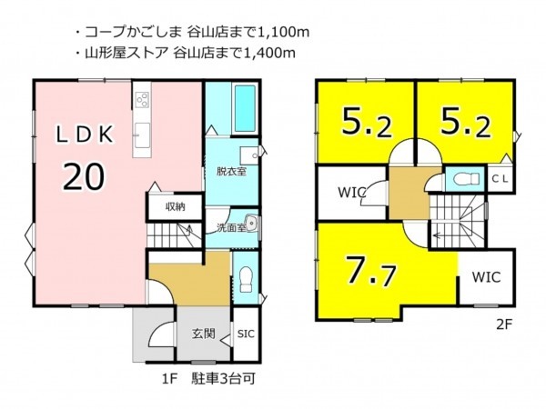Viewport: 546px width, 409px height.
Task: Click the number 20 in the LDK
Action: click(x=84, y=176)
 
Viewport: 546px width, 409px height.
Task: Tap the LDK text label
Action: click(x=85, y=135)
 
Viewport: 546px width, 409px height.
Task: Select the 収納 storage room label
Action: click(x=175, y=207)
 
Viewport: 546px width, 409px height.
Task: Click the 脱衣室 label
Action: click(x=231, y=171)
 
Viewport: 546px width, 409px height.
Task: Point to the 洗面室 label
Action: click(x=230, y=228)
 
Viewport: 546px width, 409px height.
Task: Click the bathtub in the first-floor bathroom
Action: click(x=245, y=107)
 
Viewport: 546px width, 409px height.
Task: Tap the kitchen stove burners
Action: click(x=142, y=98)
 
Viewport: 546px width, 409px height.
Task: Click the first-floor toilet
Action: click(x=247, y=280)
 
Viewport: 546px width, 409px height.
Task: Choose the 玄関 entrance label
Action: click(x=203, y=334)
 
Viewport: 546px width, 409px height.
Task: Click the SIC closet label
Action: click(x=246, y=334)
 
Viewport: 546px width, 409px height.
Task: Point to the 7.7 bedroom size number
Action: click(x=370, y=270)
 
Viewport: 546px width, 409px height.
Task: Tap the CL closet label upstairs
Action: click(x=500, y=179)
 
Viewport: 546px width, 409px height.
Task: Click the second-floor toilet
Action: click(x=466, y=179)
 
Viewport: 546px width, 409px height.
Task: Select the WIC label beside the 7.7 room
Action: click(x=486, y=277)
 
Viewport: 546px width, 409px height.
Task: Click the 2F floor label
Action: click(x=504, y=324)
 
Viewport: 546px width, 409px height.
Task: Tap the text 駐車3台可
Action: click(x=223, y=378)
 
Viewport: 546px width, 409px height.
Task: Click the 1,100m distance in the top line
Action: click(x=283, y=33)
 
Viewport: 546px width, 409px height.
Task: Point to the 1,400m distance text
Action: click(x=269, y=53)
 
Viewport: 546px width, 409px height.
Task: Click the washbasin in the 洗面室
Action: click(x=251, y=223)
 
